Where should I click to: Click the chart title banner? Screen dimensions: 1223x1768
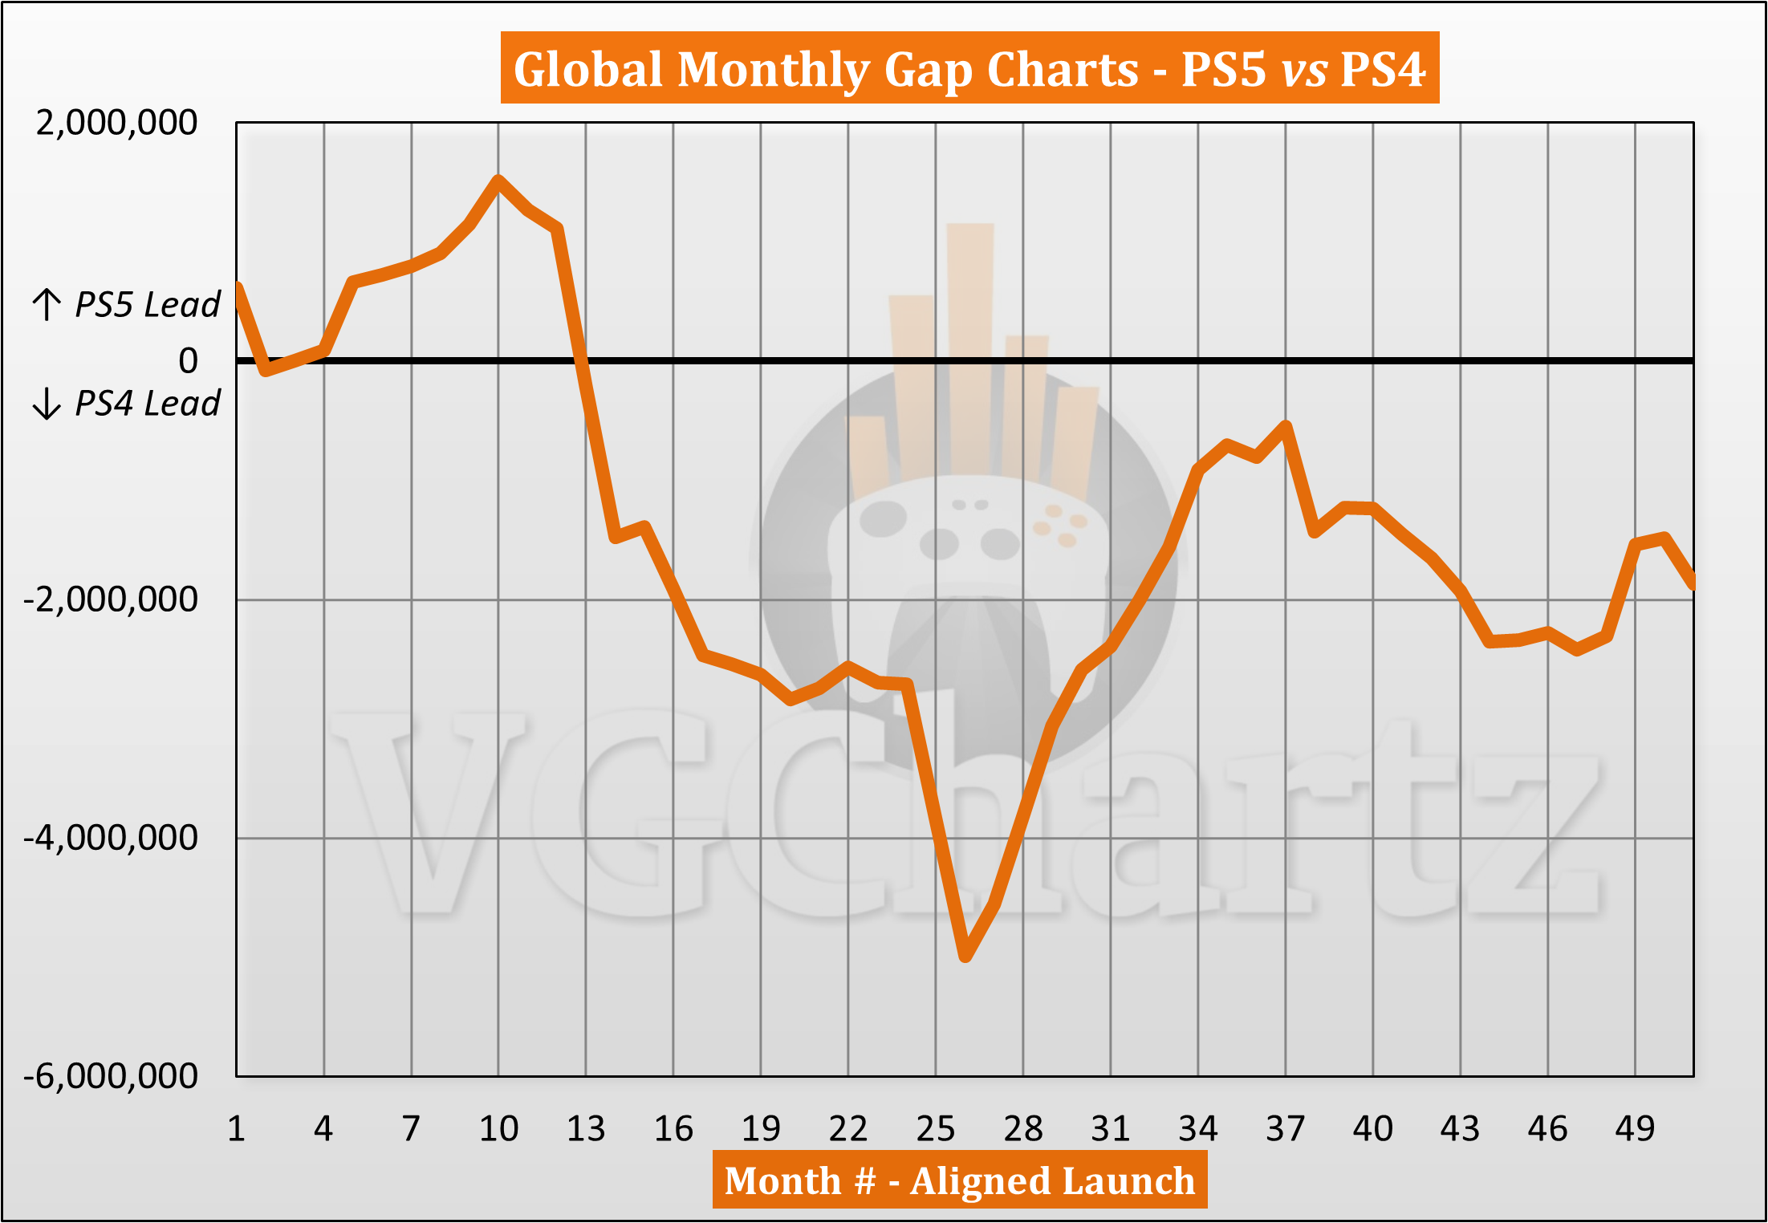click(x=969, y=68)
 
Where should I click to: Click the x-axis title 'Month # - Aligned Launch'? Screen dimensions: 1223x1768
click(x=959, y=1180)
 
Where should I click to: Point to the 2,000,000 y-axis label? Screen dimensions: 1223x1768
click(x=116, y=123)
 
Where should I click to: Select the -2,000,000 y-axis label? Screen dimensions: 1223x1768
click(x=111, y=599)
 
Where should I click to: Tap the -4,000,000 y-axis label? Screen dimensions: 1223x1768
click(x=111, y=837)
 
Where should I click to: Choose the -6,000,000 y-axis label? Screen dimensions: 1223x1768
click(x=111, y=1075)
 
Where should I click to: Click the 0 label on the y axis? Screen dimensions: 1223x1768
click(x=188, y=360)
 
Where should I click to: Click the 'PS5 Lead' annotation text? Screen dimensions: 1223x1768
click(x=147, y=305)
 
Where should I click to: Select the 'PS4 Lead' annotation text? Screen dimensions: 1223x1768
click(x=147, y=403)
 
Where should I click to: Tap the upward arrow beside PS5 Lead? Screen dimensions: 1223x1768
click(x=47, y=305)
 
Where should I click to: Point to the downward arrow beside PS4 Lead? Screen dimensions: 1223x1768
click(x=47, y=403)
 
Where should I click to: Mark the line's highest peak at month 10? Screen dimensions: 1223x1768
click(x=498, y=180)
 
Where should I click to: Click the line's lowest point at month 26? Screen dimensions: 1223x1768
click(x=965, y=956)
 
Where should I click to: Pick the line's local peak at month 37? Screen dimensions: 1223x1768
click(x=1286, y=425)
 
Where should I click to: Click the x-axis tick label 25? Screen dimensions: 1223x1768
click(x=935, y=1129)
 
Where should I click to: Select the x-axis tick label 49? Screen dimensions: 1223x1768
click(x=1635, y=1129)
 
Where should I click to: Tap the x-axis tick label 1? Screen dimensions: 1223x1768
click(x=236, y=1129)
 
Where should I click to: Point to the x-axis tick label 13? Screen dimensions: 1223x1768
click(x=586, y=1129)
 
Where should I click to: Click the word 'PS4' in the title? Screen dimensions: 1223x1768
click(x=1382, y=69)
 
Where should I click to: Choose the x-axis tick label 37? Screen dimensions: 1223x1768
click(x=1285, y=1129)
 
